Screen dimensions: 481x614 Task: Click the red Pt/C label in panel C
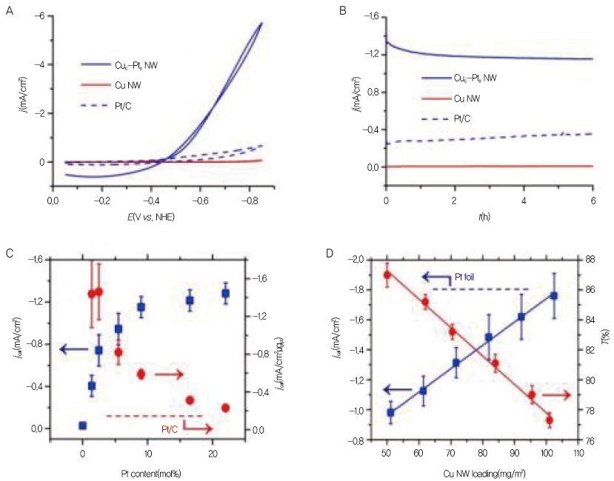[x=171, y=428]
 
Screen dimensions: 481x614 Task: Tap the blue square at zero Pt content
[x=83, y=425]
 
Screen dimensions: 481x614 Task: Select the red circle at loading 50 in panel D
[x=387, y=275]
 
